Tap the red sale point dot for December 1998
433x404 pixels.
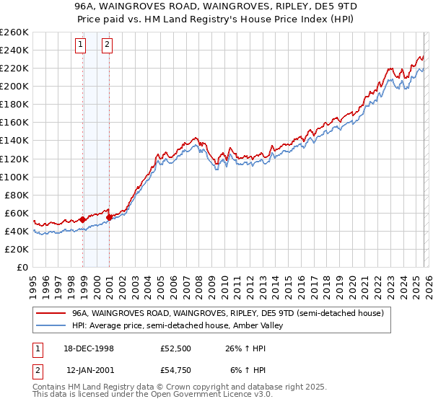pyautogui.click(x=83, y=219)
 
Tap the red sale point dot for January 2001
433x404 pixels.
pyautogui.click(x=109, y=216)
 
